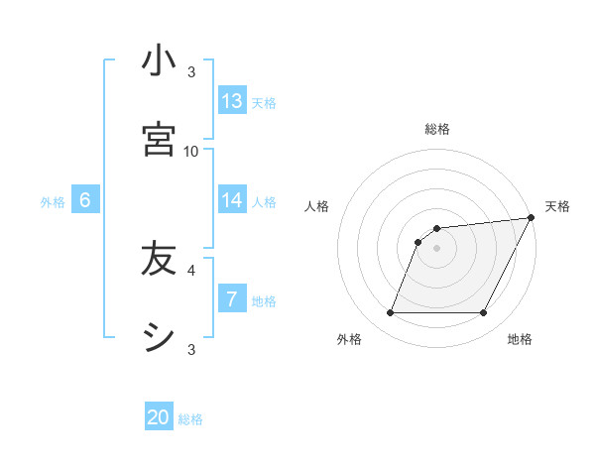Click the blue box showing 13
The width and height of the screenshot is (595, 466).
click(232, 101)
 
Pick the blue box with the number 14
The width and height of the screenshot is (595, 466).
click(232, 200)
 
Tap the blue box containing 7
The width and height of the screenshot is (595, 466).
click(232, 298)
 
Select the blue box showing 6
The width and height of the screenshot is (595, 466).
click(85, 200)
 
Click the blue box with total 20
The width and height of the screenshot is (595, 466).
click(159, 417)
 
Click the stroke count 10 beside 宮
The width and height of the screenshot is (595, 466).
click(191, 151)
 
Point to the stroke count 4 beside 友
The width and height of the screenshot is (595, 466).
click(191, 269)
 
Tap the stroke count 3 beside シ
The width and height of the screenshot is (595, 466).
click(191, 349)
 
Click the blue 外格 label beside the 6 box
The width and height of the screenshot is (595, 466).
click(53, 201)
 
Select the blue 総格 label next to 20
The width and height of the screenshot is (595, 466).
click(190, 419)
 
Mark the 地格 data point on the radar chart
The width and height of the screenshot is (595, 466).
click(484, 313)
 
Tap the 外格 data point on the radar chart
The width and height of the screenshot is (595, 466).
click(390, 313)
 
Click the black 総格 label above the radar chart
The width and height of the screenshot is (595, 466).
click(437, 129)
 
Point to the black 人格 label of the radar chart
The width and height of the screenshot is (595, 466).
click(317, 206)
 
